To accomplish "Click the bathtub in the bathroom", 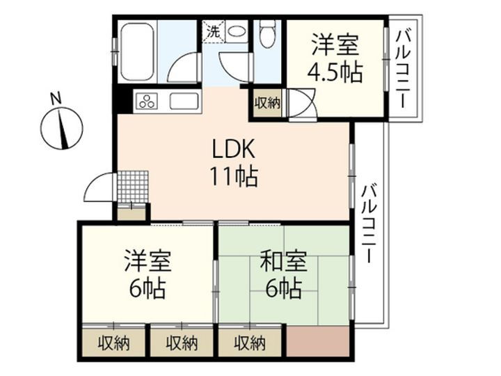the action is point(137,52).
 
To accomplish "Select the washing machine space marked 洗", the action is point(214,31).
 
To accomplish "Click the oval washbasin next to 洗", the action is point(237,31).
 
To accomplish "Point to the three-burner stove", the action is point(148,100).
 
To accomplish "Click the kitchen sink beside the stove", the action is point(184,101).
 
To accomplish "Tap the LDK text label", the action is point(234,149).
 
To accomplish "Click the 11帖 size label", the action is point(234,176).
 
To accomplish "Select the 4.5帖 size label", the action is point(335,73).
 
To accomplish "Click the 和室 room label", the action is point(283,261).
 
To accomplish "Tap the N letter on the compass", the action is point(56,98).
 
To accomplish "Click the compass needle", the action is point(63,129).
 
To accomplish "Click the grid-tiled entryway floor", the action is point(133,187).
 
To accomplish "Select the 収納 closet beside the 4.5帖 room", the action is point(267,103).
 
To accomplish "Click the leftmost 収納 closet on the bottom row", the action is point(113,343).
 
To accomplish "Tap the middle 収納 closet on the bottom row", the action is point(182,343).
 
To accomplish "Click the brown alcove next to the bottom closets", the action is point(317,341).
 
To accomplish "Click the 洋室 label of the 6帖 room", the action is point(148,261).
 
